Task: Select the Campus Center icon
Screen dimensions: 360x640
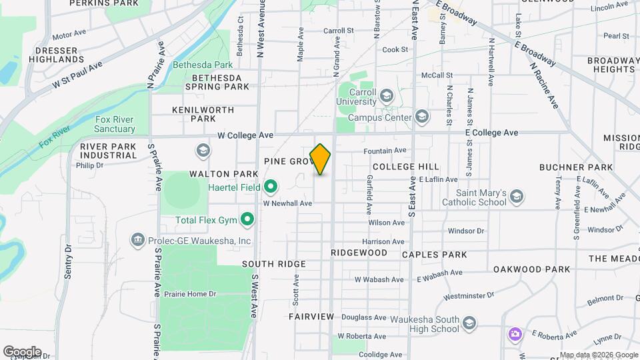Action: pyautogui.click(x=421, y=117)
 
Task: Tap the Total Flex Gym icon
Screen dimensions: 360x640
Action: pyautogui.click(x=248, y=219)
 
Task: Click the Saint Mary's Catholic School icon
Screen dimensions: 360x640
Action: pyautogui.click(x=517, y=196)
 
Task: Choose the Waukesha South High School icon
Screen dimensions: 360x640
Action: pyautogui.click(x=470, y=323)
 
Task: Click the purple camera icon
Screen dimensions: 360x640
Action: pyautogui.click(x=515, y=333)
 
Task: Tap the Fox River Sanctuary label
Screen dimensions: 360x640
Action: pyautogui.click(x=115, y=123)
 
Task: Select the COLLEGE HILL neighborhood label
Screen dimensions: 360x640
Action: pyautogui.click(x=406, y=166)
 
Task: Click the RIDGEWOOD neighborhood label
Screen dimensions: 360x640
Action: pyautogui.click(x=359, y=253)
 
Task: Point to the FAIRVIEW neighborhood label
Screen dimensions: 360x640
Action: pyautogui.click(x=311, y=316)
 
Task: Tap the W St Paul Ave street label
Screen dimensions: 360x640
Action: pyautogui.click(x=77, y=77)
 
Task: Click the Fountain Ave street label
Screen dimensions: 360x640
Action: pyautogui.click(x=385, y=151)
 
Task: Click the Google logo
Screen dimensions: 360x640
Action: pyautogui.click(x=22, y=351)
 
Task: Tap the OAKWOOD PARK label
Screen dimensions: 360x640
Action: pyautogui.click(x=532, y=269)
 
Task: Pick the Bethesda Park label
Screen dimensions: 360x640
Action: pyautogui.click(x=203, y=65)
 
